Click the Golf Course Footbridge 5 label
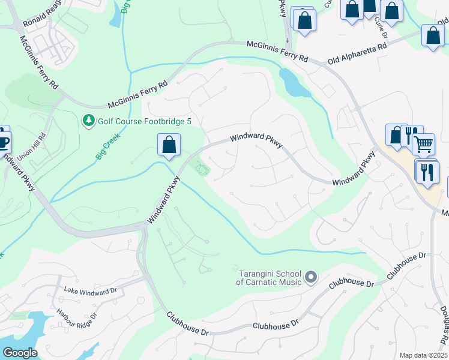pyautogui.click(x=137, y=121)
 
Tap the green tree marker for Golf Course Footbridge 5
pyautogui.click(x=89, y=121)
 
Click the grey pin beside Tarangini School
pyautogui.click(x=310, y=277)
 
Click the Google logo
pyautogui.click(x=19, y=352)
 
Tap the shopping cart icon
pyautogui.click(x=424, y=143)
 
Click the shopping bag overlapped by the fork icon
pyautogui.click(x=396, y=135)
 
